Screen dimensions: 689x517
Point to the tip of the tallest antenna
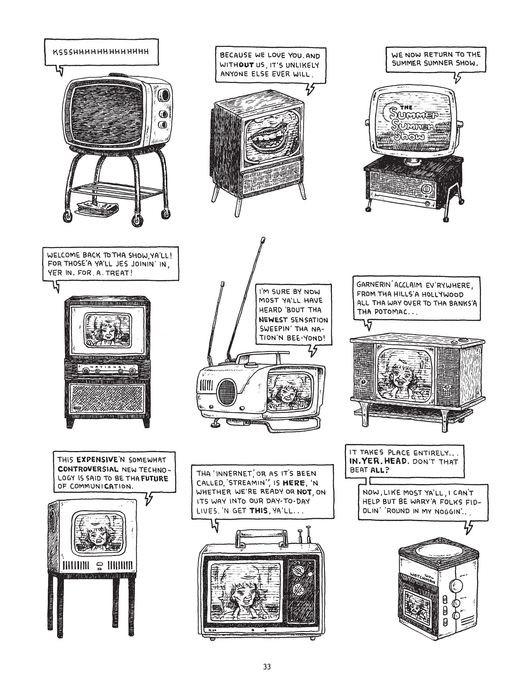point(263,240)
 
